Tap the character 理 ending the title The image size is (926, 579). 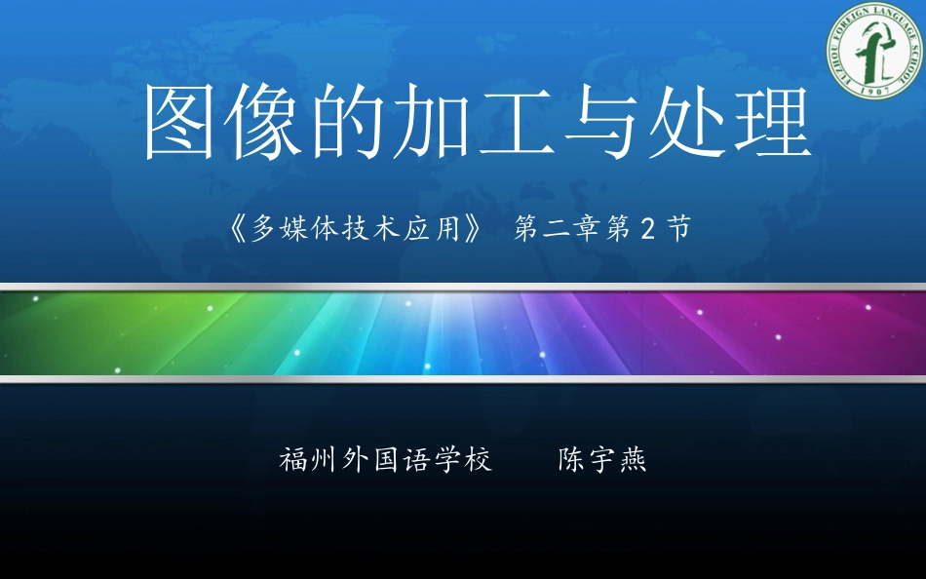(771, 124)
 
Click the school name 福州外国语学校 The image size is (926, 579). (386, 460)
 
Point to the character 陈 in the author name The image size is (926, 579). (571, 460)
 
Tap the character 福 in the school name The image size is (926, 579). (293, 460)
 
